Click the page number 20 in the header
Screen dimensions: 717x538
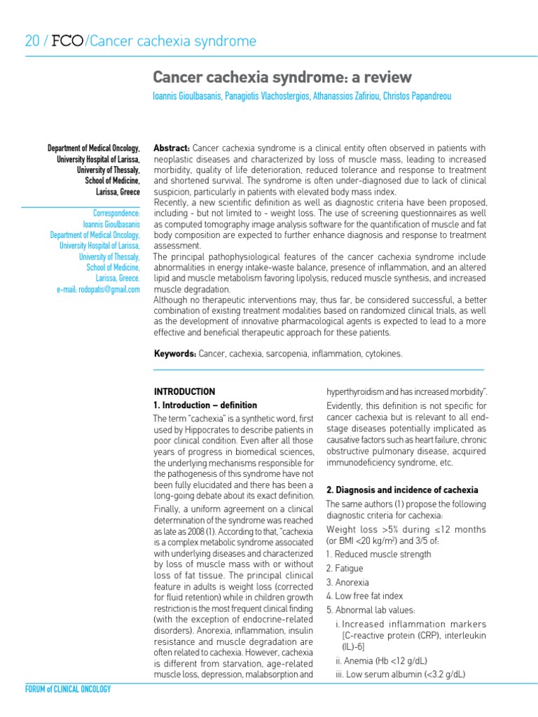click(32, 41)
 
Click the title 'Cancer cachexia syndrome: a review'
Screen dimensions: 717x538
click(282, 77)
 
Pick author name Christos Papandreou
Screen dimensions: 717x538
click(417, 96)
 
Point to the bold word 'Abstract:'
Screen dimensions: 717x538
click(172, 148)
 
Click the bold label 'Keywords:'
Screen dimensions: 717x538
click(175, 355)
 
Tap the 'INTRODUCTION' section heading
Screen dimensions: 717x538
click(184, 391)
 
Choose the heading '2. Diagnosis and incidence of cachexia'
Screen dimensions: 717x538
click(403, 489)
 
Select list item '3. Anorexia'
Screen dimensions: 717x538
click(347, 583)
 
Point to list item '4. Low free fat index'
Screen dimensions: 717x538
click(364, 597)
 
